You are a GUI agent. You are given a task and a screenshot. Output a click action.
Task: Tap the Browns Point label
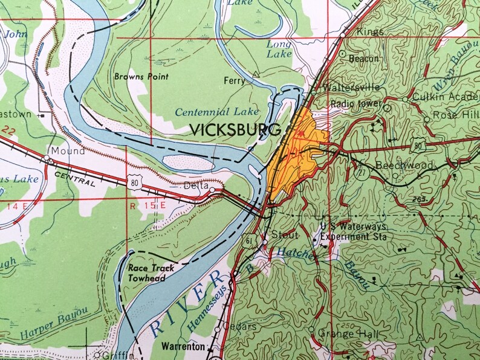tap(141, 77)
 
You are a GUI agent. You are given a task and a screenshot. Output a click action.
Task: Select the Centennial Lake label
tap(217, 112)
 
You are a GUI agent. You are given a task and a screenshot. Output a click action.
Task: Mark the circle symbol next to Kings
tap(342, 35)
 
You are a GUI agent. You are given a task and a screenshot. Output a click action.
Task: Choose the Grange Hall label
tap(340, 335)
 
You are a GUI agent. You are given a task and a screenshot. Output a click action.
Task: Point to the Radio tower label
tap(355, 104)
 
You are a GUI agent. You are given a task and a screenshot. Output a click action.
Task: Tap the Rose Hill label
tap(453, 115)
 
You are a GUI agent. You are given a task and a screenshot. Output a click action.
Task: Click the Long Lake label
tap(279, 49)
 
